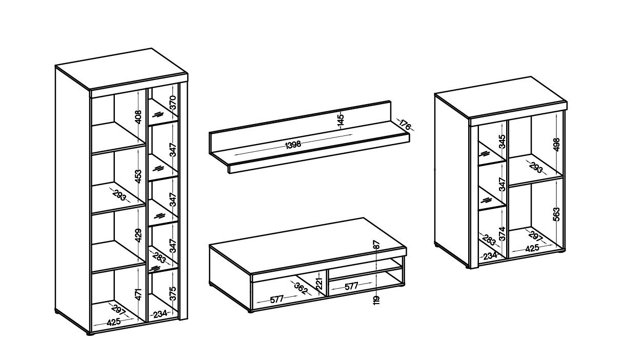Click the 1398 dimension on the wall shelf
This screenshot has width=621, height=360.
pyautogui.click(x=293, y=145)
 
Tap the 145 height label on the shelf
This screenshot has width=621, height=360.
pyautogui.click(x=340, y=120)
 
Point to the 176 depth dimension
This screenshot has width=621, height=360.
pyautogui.click(x=405, y=125)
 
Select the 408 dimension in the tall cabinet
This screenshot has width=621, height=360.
pyautogui.click(x=138, y=117)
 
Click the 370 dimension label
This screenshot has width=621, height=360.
pyautogui.click(x=173, y=103)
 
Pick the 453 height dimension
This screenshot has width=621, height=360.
pyautogui.click(x=138, y=176)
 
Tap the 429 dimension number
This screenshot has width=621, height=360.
pyautogui.click(x=138, y=235)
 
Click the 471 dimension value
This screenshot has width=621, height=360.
pyautogui.click(x=138, y=294)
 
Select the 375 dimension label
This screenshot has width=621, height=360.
pyautogui.click(x=173, y=293)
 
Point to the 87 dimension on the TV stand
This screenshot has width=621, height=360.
pyautogui.click(x=376, y=244)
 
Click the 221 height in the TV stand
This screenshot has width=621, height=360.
pyautogui.click(x=319, y=284)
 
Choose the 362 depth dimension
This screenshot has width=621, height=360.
pyautogui.click(x=301, y=288)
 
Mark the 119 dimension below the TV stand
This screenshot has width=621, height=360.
pyautogui.click(x=376, y=301)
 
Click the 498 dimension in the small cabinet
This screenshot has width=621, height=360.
pyautogui.click(x=556, y=145)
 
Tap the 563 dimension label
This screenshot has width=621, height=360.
pyautogui.click(x=556, y=214)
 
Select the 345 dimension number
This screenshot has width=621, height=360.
pyautogui.click(x=502, y=142)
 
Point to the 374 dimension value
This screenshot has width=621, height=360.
pyautogui.click(x=502, y=233)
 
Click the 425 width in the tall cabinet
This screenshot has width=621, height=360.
pyautogui.click(x=114, y=322)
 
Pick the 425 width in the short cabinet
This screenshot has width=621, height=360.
pyautogui.click(x=532, y=248)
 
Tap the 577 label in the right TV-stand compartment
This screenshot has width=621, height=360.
pyautogui.click(x=352, y=286)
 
